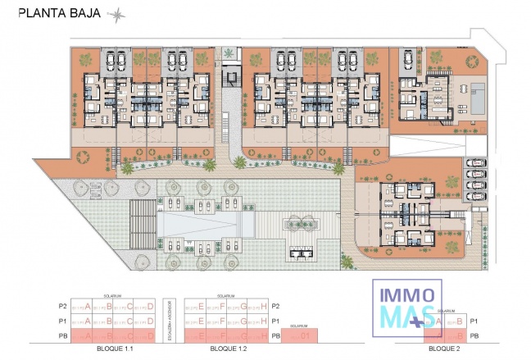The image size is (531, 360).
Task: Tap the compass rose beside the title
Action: pyautogui.click(x=120, y=14)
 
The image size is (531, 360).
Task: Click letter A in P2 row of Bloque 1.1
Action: pyautogui.click(x=87, y=307)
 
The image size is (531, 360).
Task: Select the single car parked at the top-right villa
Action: pyautogui.click(x=404, y=59)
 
